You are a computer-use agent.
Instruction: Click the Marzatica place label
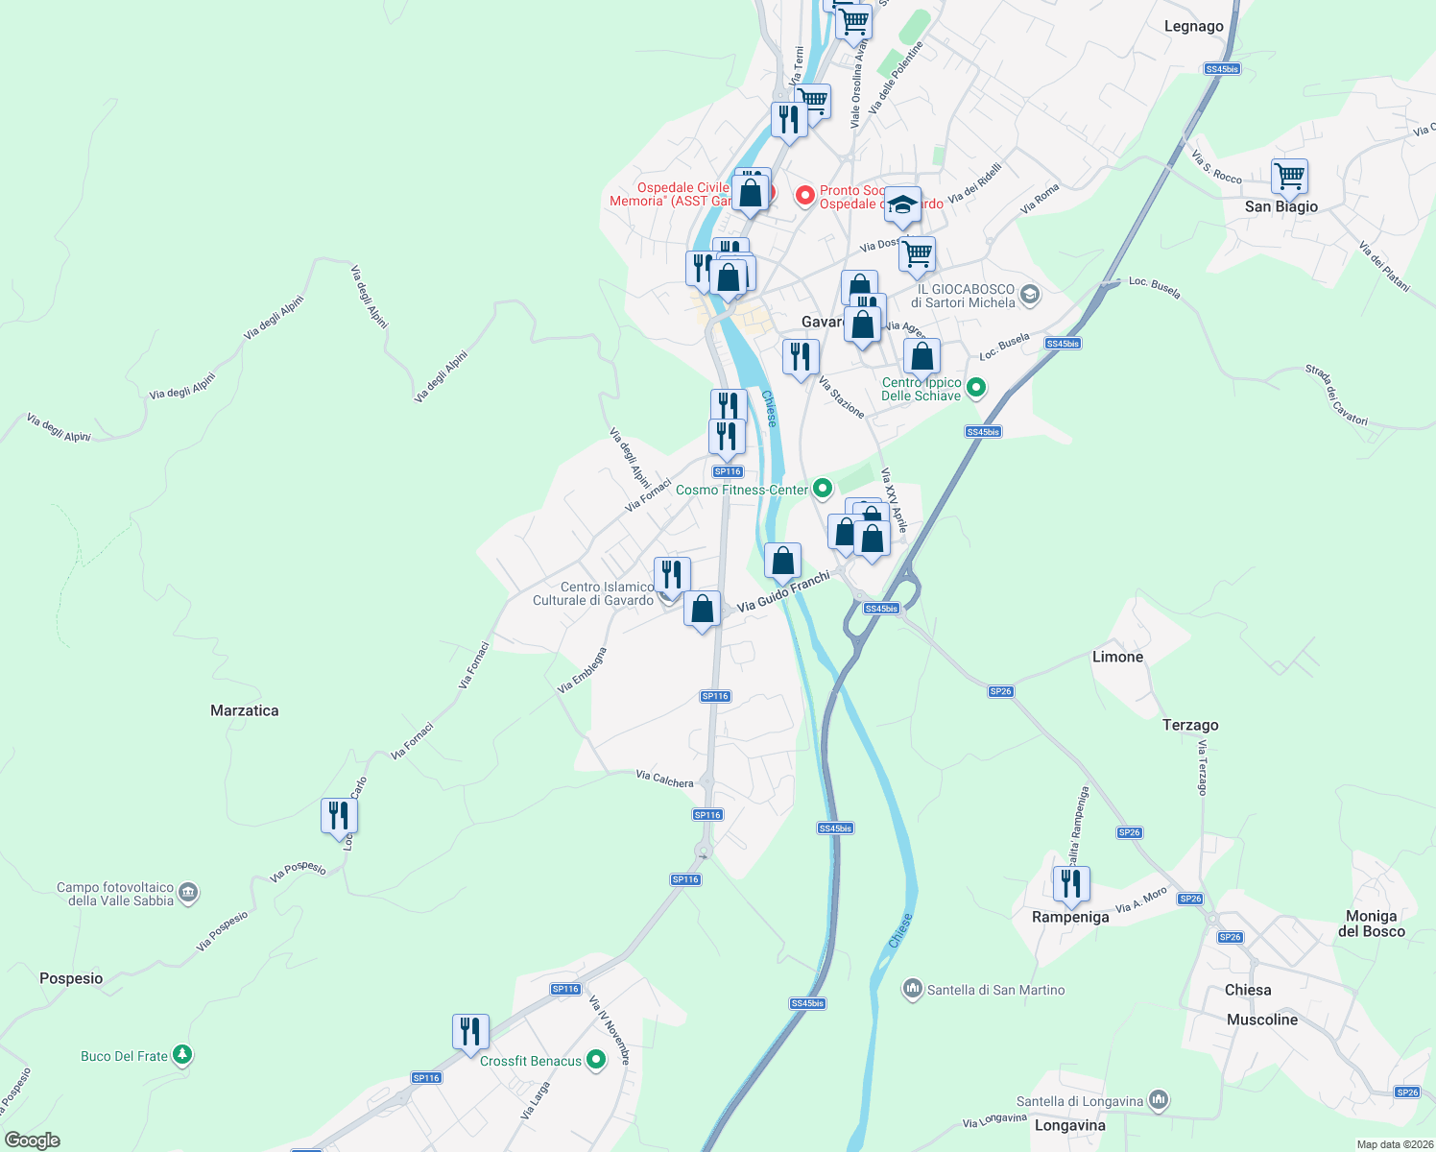click(244, 710)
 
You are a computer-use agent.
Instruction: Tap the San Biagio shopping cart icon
click(1289, 177)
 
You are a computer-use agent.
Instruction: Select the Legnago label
click(1193, 26)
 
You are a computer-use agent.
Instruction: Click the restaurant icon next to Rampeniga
click(1070, 883)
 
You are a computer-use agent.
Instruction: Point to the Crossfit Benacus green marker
click(596, 1060)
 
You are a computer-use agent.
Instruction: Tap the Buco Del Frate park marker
click(181, 1055)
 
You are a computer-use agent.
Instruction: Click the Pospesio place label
click(71, 978)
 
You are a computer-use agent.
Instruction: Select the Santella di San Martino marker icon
click(912, 989)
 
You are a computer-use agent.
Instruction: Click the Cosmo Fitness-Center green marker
click(822, 489)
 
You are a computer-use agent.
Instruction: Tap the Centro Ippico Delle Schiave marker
click(975, 388)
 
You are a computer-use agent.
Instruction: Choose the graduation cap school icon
click(901, 204)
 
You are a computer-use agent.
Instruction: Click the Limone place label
click(1117, 657)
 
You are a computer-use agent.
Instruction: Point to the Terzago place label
click(1190, 725)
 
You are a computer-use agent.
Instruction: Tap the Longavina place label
click(1069, 1125)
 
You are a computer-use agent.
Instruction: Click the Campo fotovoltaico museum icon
click(188, 893)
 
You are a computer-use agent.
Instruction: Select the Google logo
click(33, 1140)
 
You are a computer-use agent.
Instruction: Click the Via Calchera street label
click(664, 779)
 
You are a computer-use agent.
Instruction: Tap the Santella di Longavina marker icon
click(1159, 1100)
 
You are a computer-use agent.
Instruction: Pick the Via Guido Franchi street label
click(782, 593)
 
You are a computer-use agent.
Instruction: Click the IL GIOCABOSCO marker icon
click(1029, 295)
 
